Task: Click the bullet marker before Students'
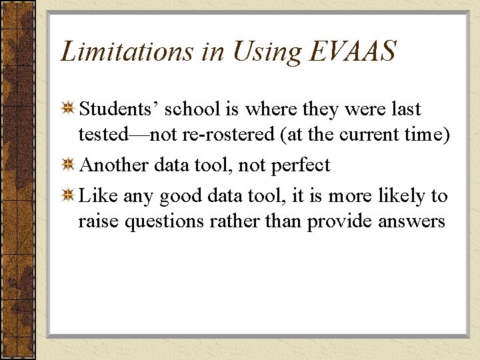[x=68, y=109]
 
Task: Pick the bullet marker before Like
[x=68, y=197]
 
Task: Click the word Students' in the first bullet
[x=117, y=109]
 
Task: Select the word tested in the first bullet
[x=101, y=135]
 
